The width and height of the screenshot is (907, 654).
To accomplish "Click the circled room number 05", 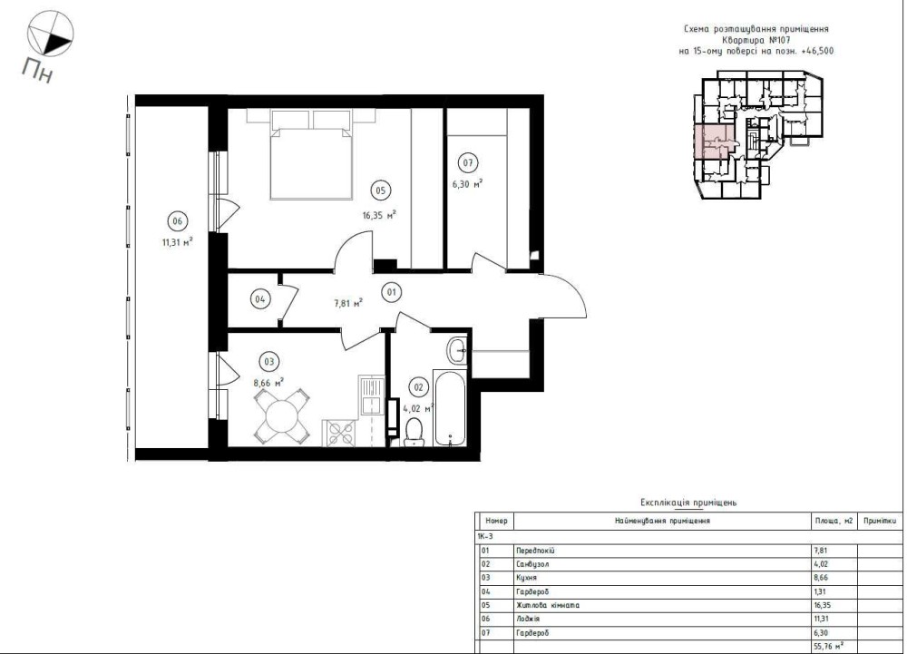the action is (380, 190).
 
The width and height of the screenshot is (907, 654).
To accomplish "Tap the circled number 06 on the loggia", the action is (177, 221).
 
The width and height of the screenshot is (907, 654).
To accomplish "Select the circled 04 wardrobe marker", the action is (260, 299).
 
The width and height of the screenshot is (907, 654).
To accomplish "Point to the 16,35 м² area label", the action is (379, 216).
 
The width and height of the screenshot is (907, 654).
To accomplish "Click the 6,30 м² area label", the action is (467, 184).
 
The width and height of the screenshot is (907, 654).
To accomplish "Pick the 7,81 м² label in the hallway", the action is (348, 303).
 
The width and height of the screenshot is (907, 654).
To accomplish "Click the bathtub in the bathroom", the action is (450, 408).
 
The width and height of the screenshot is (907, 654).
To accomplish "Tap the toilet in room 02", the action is (414, 433).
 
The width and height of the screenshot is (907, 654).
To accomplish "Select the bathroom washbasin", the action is (458, 350).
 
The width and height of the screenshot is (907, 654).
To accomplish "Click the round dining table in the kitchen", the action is (281, 416).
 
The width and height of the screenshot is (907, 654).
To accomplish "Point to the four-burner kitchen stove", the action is (341, 433).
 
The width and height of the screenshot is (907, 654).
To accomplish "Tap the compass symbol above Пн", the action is (51, 34).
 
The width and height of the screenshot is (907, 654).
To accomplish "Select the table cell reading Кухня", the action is (526, 577).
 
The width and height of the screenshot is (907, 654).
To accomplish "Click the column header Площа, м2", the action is (834, 521).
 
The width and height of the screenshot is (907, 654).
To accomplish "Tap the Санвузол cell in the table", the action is (532, 564).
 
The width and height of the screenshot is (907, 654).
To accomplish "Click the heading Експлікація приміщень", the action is (688, 503).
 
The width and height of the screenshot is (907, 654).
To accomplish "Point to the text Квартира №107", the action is (756, 40).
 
